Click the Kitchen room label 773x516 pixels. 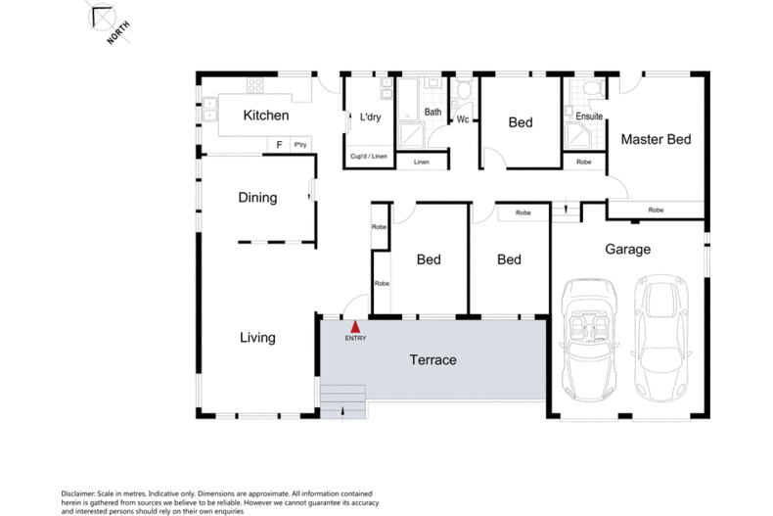pos(266,116)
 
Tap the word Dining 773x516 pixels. pos(257,198)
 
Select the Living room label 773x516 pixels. pos(257,338)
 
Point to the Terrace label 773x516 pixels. pos(432,360)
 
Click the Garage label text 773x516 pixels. pos(627,250)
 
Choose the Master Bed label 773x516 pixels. pos(656,140)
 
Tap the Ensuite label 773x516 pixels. pos(588,117)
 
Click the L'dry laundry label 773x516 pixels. pos(370,117)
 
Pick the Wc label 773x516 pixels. pos(463,120)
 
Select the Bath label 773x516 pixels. pos(432,113)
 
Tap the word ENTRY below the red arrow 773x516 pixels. pos(356,339)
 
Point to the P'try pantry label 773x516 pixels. pos(299,145)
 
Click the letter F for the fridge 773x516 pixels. pos(279,145)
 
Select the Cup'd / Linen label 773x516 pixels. pos(369,157)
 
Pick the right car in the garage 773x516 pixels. pos(659,338)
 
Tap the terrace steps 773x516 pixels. pos(342,399)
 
